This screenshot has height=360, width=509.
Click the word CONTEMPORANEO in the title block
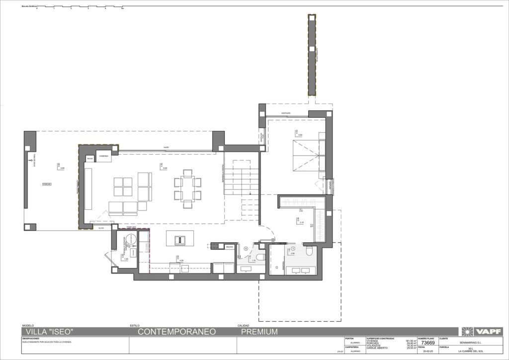pos(176,332)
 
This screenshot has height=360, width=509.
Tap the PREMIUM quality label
pos(259,332)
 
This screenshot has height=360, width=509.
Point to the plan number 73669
pos(428,343)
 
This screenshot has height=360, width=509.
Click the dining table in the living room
pos(187,189)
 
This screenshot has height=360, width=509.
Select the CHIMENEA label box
pos(103,156)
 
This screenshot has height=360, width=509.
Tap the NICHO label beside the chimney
pos(90,159)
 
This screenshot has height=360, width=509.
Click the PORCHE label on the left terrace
pos(47,183)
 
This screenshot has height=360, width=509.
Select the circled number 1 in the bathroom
pos(293,249)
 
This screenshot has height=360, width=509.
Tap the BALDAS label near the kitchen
pos(229,247)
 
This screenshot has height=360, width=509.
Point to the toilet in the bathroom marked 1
pos(309,251)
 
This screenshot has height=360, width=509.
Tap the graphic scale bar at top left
pos(80,7)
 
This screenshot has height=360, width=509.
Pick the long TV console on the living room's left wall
pos(88,189)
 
